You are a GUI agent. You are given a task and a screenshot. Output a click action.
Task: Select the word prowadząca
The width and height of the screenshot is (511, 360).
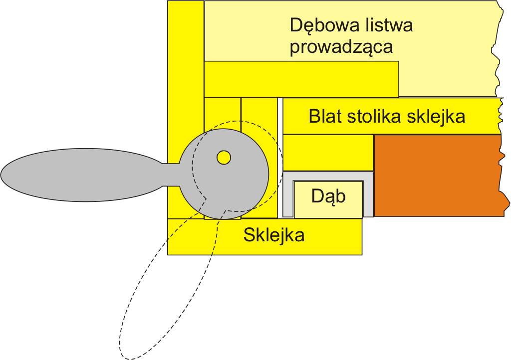coord(341,47)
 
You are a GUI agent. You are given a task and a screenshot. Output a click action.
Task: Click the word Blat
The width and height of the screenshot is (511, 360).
coord(325,116)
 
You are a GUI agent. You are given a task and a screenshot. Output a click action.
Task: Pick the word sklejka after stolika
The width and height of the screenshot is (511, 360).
coord(436,116)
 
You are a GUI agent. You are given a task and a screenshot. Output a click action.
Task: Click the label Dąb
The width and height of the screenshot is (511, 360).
coord(328,196)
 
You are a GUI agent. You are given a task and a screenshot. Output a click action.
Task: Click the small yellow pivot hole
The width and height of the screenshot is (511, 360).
coord(224,158)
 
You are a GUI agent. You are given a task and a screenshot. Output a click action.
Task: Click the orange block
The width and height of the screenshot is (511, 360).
coord(439,175)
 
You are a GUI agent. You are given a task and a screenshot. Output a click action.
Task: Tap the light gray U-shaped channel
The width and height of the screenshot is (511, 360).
coord(288,194)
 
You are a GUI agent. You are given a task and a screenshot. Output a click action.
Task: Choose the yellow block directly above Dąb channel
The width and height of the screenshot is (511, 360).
coord(328,152)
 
